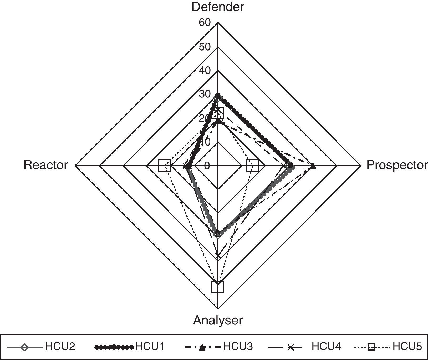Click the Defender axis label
tap(218, 7)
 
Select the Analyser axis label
tap(218, 320)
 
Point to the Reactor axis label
tap(45, 165)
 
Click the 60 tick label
tap(205, 23)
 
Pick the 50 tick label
tap(205, 47)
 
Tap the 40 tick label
tap(205, 71)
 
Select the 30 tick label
tap(205, 94)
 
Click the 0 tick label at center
tap(207, 166)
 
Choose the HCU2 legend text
tap(60, 347)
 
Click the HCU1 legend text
tap(150, 347)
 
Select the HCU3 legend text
tap(238, 347)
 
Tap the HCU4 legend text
tap(326, 347)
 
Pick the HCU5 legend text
tap(407, 347)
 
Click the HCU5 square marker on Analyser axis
tap(217, 287)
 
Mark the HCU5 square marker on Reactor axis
tap(165, 166)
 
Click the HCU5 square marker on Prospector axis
tap(252, 166)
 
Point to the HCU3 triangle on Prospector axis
tap(313, 166)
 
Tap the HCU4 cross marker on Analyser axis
tap(218, 255)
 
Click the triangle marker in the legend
tap(202, 348)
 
